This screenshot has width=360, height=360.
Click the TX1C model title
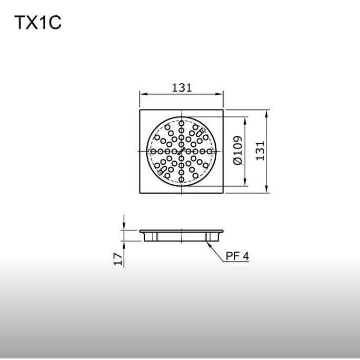(38, 24)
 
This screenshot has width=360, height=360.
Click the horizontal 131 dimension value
(182, 87)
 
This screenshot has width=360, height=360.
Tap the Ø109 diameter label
(237, 152)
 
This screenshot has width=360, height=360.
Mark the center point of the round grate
(182, 152)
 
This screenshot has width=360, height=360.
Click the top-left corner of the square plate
(140, 109)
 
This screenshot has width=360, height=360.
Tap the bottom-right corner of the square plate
(224, 194)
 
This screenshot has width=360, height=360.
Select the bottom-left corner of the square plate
(140, 194)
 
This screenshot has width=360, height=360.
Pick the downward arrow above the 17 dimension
(124, 227)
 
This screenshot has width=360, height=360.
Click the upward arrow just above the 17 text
(124, 244)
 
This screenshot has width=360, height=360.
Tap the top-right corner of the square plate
(224, 109)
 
